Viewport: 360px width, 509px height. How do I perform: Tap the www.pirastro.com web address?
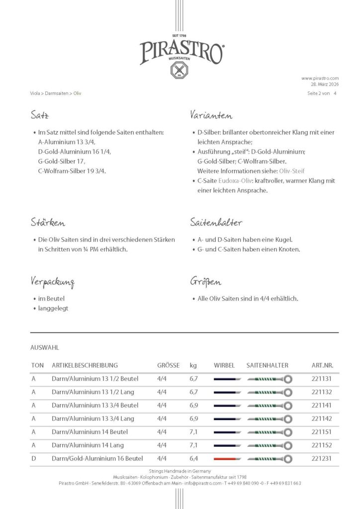320,78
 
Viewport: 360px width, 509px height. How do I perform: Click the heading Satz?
39,116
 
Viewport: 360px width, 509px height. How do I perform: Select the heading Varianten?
211,116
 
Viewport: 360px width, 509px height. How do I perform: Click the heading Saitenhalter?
216,223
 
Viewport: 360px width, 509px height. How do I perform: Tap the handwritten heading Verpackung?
52,282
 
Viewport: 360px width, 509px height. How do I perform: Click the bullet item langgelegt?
53,308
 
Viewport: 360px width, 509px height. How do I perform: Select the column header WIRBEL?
224,365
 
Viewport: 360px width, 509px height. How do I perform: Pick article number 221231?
321,458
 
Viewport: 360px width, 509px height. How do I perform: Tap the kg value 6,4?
194,458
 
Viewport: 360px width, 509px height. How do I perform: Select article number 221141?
321,405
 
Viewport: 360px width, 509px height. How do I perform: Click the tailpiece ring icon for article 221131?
287,379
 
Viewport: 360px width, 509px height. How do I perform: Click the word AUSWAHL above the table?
45,348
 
